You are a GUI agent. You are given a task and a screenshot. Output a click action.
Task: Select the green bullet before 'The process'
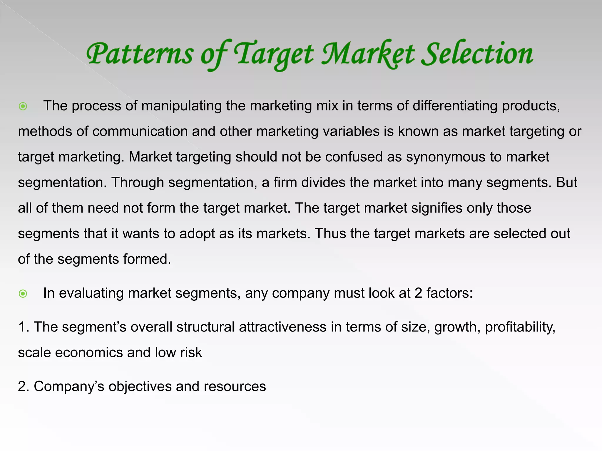23,106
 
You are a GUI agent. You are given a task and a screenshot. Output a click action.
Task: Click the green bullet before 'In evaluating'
23,293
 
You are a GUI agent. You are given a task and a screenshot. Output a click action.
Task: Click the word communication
140,132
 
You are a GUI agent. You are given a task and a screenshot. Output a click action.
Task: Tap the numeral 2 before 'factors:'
418,293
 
